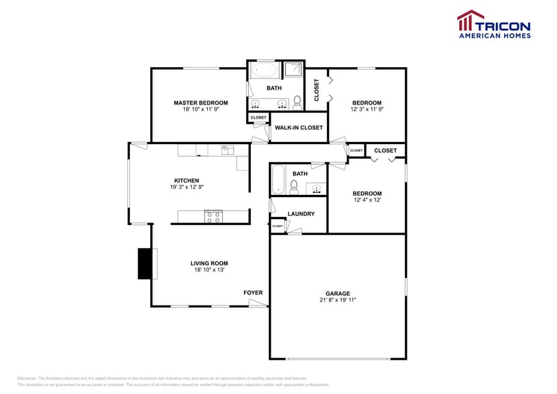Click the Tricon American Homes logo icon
(470, 21)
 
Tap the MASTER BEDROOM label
(200, 103)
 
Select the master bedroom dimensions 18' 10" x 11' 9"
(200, 109)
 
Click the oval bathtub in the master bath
(263, 70)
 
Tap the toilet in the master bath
(297, 102)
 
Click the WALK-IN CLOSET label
(298, 127)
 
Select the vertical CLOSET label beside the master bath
(316, 90)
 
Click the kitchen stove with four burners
(213, 216)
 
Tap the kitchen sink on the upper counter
(226, 149)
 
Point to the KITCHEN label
(186, 180)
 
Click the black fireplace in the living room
(145, 263)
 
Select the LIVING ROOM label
(209, 263)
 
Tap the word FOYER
(253, 293)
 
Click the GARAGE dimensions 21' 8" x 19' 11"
(338, 300)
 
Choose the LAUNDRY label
(301, 214)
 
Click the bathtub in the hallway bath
(278, 180)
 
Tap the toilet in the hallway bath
(294, 187)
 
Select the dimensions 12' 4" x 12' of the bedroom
(367, 200)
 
